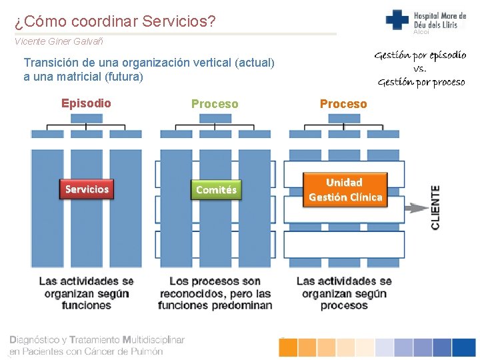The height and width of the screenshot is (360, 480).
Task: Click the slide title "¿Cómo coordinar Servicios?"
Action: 115,22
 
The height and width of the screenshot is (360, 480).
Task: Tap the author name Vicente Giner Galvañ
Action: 59,41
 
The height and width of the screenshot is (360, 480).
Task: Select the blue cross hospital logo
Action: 397,19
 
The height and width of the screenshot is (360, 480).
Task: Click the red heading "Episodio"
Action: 86,103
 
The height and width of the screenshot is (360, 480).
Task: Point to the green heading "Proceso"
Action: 215,104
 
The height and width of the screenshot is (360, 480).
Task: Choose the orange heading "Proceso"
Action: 343,104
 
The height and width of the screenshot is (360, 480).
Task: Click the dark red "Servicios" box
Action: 87,189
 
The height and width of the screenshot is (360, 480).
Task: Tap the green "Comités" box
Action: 216,190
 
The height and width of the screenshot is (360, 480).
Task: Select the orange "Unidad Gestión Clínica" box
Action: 345,190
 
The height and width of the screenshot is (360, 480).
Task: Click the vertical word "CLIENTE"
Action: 435,207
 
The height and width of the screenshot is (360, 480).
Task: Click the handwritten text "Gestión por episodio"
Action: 420,55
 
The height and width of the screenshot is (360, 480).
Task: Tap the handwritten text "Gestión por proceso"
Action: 421,82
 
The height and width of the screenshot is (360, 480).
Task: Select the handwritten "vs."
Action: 419,69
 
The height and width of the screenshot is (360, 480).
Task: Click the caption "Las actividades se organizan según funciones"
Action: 87,293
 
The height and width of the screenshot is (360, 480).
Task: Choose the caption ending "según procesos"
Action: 343,293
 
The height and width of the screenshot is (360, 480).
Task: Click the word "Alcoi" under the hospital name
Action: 422,32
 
